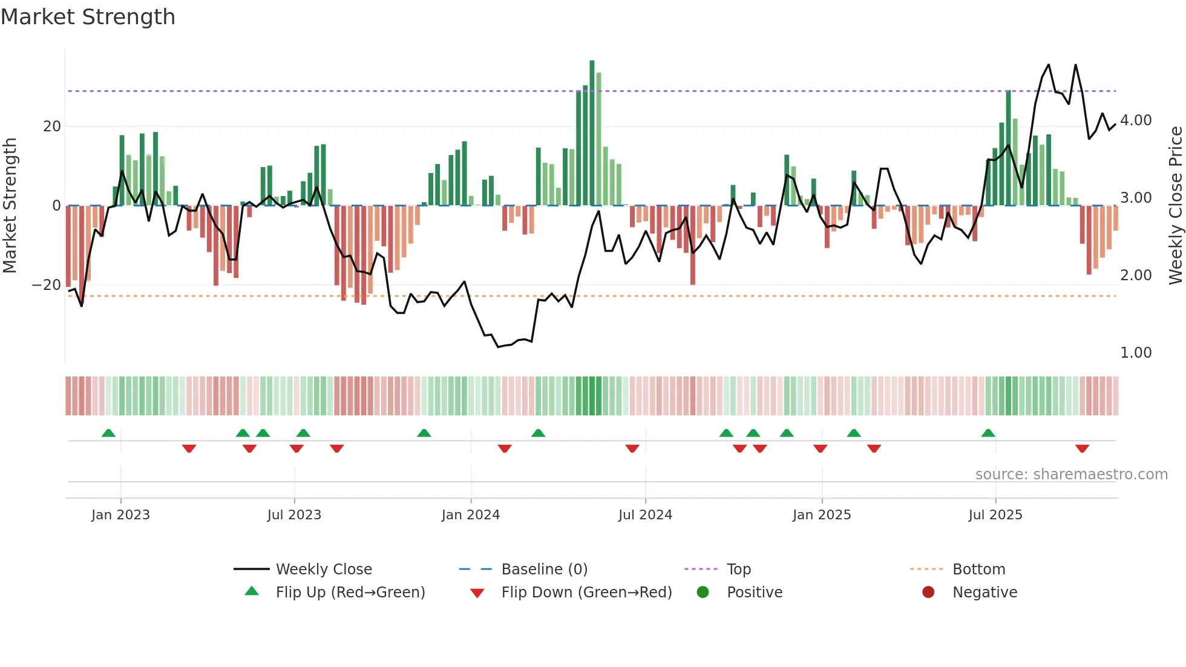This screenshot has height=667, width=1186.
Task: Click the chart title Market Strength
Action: point(88,17)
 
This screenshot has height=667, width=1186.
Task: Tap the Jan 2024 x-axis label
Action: point(470,515)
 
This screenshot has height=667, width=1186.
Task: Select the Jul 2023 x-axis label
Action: point(294,515)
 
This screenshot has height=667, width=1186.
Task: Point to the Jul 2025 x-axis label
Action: point(995,515)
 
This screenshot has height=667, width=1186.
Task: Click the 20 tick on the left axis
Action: point(52,126)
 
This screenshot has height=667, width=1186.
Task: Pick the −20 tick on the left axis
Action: point(47,285)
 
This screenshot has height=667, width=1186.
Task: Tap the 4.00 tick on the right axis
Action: point(1135,120)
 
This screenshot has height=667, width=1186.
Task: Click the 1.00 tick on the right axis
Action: point(1135,353)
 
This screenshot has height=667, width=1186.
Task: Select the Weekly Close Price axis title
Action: point(1175,206)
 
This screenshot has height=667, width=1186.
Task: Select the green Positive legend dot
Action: point(703,593)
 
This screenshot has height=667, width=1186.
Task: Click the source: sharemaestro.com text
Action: point(1071,475)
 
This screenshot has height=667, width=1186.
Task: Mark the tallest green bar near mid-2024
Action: point(592,133)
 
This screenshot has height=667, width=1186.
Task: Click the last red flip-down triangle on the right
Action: point(1082,448)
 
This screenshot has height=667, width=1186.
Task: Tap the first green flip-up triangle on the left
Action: point(108,433)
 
